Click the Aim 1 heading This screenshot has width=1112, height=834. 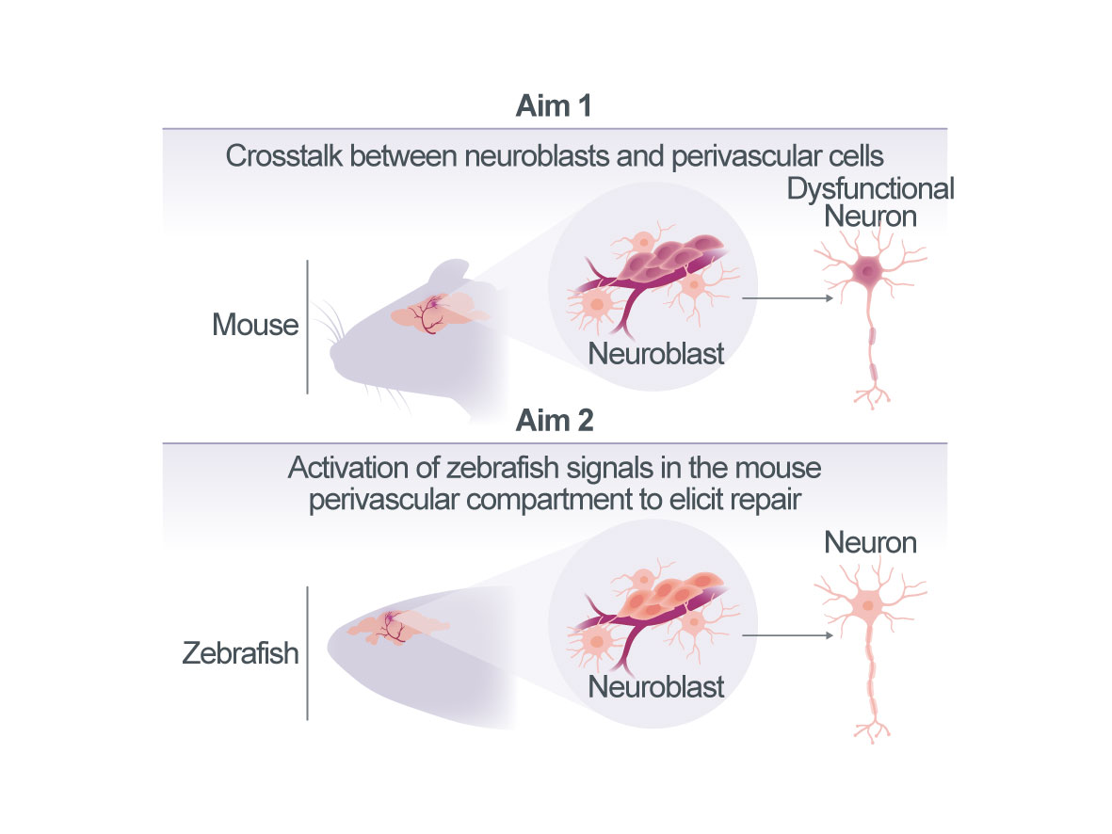coord(553,106)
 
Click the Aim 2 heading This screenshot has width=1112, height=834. coord(555,421)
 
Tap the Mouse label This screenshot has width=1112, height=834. coord(255,325)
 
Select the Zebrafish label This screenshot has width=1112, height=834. coord(240,653)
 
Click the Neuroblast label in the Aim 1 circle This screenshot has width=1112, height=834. coord(656,353)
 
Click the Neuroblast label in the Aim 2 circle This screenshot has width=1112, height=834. coord(656,686)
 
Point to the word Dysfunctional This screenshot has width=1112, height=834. coord(871,189)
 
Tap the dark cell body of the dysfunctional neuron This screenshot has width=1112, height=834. coord(867,270)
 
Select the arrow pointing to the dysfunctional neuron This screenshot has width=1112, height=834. coord(787,298)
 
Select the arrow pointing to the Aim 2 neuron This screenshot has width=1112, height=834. coord(787,635)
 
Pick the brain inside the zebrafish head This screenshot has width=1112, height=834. coord(397,627)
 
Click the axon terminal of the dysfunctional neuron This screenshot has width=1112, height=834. coord(872,398)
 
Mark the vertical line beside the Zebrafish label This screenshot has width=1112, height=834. coord(307,653)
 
